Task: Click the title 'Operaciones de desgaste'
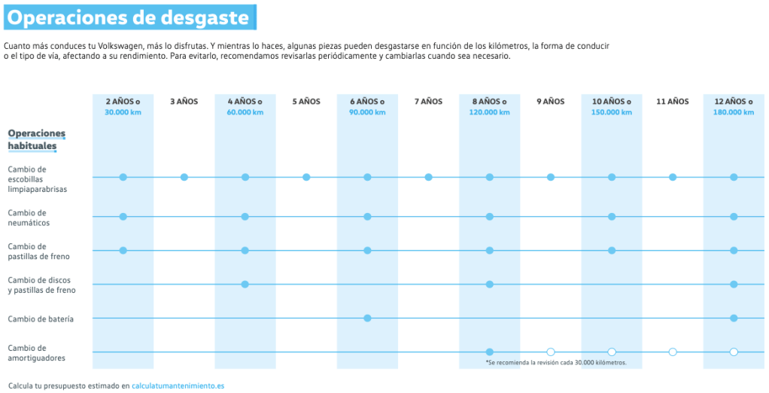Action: tap(129, 17)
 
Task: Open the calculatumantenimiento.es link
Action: tap(178, 385)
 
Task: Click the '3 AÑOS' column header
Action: tap(184, 102)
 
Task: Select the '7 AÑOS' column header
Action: tap(428, 102)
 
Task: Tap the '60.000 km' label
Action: tap(245, 113)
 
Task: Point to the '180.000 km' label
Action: tap(733, 113)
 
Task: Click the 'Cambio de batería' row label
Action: tap(41, 318)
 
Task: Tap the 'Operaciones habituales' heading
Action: tap(36, 139)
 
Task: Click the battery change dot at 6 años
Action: tap(367, 318)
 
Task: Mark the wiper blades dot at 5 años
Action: tap(306, 177)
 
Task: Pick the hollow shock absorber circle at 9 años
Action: tap(551, 352)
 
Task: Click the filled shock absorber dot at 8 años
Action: tap(490, 352)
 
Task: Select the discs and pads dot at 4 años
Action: tap(245, 284)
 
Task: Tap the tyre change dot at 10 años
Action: tap(612, 217)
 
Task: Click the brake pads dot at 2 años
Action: tap(123, 250)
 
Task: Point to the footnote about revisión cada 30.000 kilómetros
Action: tap(556, 363)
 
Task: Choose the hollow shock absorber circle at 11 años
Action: tap(673, 352)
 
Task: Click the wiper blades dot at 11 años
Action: tap(673, 177)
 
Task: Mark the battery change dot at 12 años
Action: tap(734, 318)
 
